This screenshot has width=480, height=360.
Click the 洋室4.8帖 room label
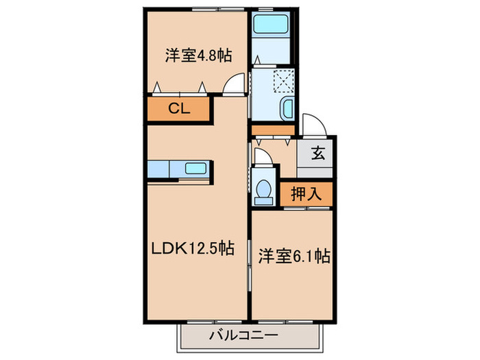coord(198,56)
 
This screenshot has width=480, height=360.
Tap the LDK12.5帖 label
coord(193,248)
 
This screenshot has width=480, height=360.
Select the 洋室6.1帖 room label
coord(294,256)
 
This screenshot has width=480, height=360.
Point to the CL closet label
coord(179,108)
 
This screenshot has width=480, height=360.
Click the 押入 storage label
coord(306,194)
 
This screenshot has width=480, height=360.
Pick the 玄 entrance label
coord(318,153)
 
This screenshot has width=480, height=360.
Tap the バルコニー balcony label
coord(243,335)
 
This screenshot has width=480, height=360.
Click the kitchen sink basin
coord(195,169)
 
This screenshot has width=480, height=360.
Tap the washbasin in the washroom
coord(287,108)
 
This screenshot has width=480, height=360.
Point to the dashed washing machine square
coord(283,81)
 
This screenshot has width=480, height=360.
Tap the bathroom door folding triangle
coord(257,60)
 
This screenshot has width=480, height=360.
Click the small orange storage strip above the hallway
coord(273,130)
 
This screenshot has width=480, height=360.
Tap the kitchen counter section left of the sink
coord(158,169)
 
